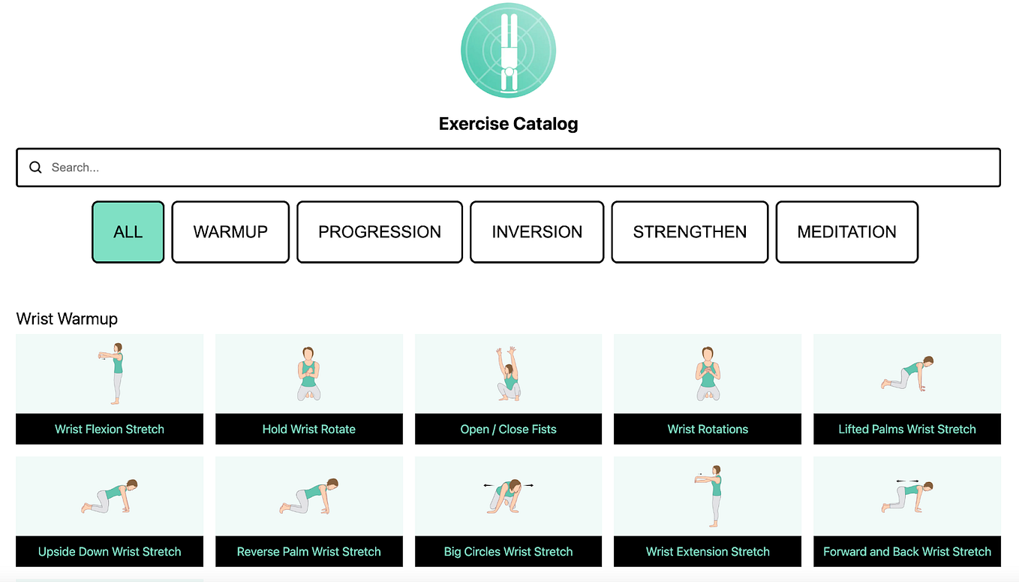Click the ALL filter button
point(128,232)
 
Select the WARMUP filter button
point(230,232)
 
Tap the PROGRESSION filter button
point(380,232)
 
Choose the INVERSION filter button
point(537,232)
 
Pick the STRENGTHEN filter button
point(690,232)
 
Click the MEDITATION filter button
point(846,232)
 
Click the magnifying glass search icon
point(35,167)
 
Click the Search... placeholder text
point(75,167)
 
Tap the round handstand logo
point(508,50)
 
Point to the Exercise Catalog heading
point(508,123)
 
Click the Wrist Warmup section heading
point(67,318)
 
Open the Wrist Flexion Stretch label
point(110,429)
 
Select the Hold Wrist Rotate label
point(309,429)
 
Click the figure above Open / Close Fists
point(509,373)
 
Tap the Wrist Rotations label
point(708,429)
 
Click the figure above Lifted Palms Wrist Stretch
point(907,373)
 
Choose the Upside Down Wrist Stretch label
point(110,551)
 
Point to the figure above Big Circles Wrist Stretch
point(508,496)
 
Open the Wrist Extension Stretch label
point(708,551)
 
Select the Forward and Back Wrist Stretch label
point(907,551)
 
